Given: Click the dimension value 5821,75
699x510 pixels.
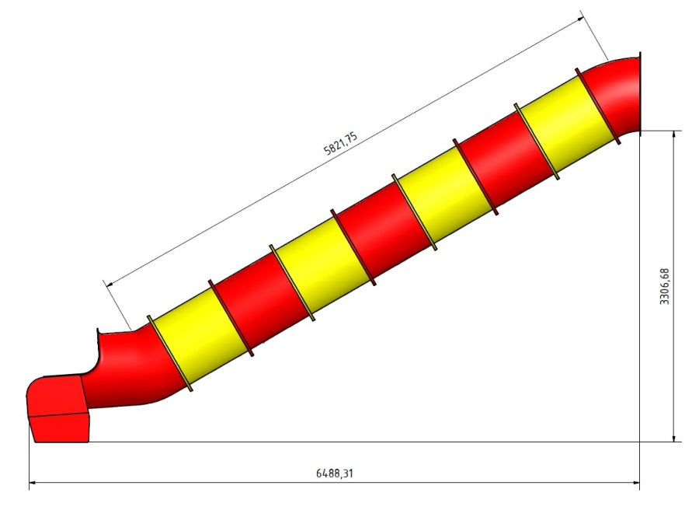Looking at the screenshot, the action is point(341,143).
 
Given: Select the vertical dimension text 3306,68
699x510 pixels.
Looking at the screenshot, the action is point(664,286).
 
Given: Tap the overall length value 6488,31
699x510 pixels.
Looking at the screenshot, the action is point(334,473).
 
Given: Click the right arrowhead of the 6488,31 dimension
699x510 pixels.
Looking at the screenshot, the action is point(636,482).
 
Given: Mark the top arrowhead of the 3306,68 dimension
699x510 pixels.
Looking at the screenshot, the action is point(674,134).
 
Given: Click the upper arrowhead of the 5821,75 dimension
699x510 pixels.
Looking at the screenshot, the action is point(580,19).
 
